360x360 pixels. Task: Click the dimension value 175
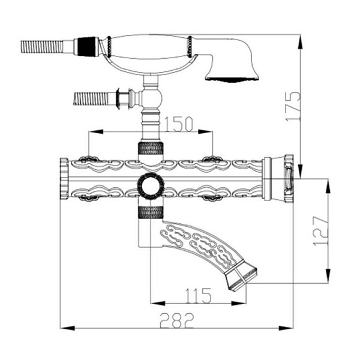tap(293, 106)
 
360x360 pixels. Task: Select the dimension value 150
tap(179, 124)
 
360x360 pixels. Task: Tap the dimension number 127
tap(321, 231)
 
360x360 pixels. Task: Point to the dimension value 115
tap(199, 295)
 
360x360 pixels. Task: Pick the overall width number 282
tap(177, 320)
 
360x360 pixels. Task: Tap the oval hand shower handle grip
tap(149, 47)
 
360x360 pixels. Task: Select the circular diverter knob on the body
tap(151, 186)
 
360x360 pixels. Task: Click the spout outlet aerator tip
tap(242, 279)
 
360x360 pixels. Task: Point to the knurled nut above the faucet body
tap(151, 148)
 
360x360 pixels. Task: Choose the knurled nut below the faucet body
tap(151, 212)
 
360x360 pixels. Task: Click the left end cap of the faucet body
tap(64, 178)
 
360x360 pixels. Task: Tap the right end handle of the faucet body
tap(278, 179)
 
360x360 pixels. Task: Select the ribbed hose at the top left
tap(42, 47)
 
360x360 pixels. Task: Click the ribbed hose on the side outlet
tap(91, 98)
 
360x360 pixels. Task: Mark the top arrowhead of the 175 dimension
tap(301, 43)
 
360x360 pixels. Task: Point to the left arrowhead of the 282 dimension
tap(67, 328)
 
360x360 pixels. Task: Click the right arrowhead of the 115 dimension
tap(239, 303)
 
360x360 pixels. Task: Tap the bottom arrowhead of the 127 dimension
tap(328, 275)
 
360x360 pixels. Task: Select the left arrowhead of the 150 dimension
tap(96, 132)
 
